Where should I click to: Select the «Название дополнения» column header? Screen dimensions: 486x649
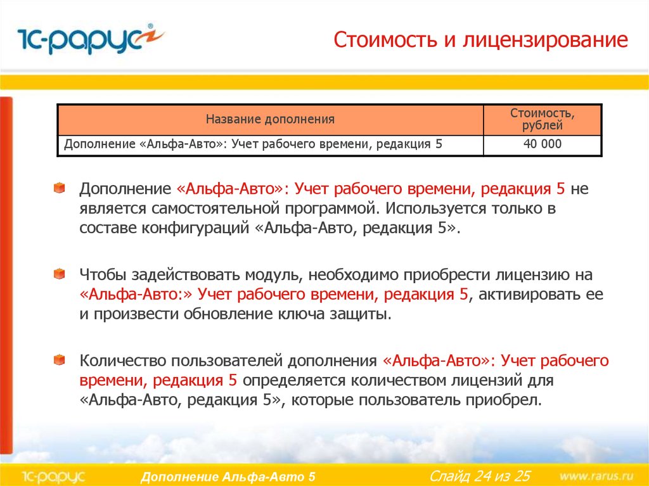tap(270, 118)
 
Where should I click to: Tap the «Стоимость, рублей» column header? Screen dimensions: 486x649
tap(543, 119)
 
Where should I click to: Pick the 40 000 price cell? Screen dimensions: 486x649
tap(543, 144)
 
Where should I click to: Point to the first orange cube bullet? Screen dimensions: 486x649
tap(60, 188)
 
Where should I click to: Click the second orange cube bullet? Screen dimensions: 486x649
tap(60, 274)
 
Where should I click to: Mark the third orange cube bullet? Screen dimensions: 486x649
tap(60, 360)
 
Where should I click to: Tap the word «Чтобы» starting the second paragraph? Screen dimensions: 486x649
tap(103, 275)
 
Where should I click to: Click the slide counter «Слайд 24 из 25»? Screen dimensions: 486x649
tap(479, 475)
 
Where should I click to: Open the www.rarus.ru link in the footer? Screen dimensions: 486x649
tap(596, 475)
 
